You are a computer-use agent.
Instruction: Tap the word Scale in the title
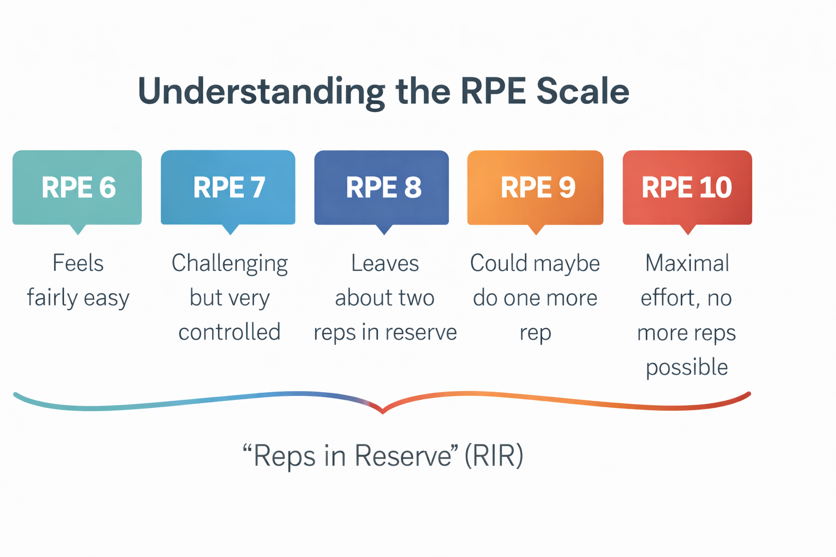pos(582,91)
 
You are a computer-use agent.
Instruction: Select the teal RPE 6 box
pos(77,188)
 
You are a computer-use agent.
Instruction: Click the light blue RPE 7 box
pos(228,188)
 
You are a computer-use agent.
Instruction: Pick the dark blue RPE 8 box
pos(382,188)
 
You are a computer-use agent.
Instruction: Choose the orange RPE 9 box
pos(535,188)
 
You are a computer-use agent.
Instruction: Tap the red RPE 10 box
pos(687,188)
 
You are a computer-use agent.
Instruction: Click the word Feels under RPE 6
pos(78,263)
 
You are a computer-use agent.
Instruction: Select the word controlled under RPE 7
pos(229,332)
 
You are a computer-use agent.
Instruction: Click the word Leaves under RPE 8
pos(385,263)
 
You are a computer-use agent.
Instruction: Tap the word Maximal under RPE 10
pos(687,263)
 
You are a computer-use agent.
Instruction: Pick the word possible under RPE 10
pos(687,368)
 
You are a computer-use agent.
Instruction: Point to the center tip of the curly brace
pos(383,411)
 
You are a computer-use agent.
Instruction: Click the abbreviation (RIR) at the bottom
pos(494,455)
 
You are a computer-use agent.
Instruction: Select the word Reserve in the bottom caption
pos(403,455)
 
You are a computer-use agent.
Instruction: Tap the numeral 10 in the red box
pos(715,188)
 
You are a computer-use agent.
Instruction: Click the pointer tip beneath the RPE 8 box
pos(384,233)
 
